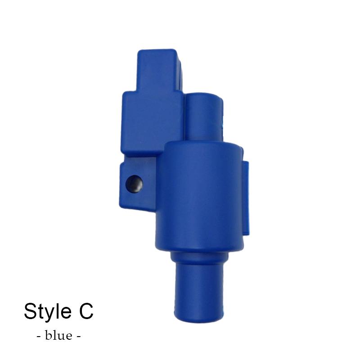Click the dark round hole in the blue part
click(134, 184)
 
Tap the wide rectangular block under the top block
click(152, 123)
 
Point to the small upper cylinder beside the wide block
click(204, 117)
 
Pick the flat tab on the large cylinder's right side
click(246, 198)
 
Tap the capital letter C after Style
click(86, 311)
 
